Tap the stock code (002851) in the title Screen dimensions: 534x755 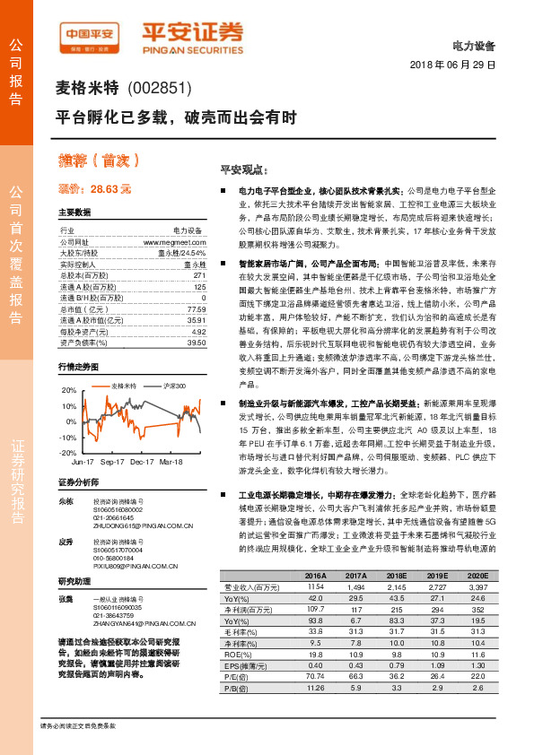(161, 88)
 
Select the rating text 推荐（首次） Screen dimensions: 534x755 (100, 161)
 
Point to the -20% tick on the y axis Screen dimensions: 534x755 (68, 453)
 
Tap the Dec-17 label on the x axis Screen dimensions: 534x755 (143, 462)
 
